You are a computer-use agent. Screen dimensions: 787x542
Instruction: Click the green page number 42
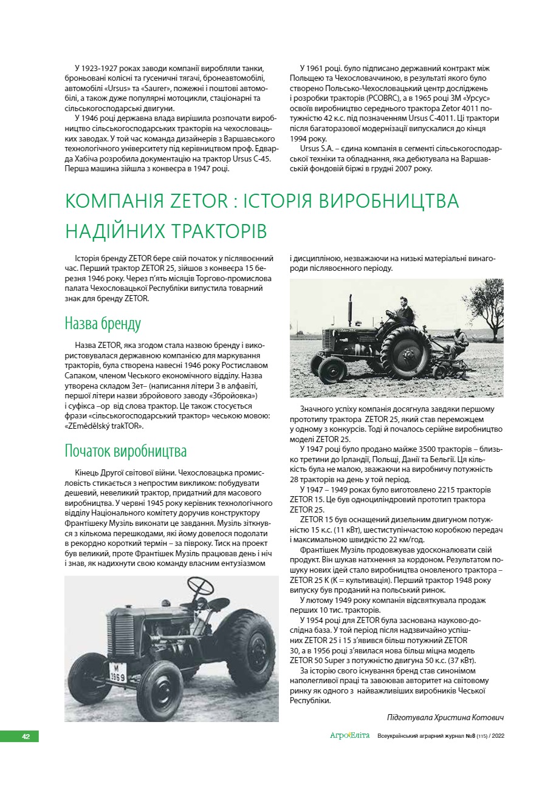(26, 736)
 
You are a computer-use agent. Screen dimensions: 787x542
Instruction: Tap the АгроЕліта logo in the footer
(349, 736)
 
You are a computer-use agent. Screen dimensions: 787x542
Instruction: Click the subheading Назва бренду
(103, 323)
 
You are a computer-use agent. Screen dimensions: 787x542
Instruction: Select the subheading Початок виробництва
(126, 451)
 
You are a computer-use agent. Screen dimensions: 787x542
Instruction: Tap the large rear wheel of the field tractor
(405, 353)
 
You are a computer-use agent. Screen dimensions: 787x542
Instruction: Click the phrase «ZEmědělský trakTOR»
(105, 426)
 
